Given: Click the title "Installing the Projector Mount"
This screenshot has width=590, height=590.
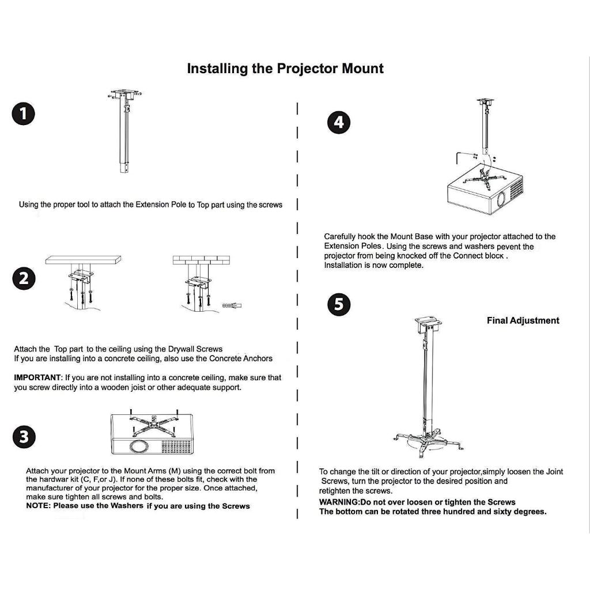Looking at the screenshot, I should click(x=285, y=69).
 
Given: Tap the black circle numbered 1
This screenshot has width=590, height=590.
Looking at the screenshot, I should click(x=23, y=114).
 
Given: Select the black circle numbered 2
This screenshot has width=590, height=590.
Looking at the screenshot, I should click(x=24, y=279).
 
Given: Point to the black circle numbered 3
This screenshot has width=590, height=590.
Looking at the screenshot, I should click(x=24, y=436).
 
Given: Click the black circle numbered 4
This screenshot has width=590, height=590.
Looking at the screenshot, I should click(x=339, y=122).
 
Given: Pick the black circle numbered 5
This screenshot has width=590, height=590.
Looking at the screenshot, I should click(x=339, y=305).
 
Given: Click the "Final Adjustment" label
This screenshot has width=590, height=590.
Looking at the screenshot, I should click(x=523, y=320).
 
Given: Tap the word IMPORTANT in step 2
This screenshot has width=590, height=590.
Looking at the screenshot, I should click(x=37, y=377).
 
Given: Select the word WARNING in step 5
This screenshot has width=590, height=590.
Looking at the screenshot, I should click(x=339, y=502).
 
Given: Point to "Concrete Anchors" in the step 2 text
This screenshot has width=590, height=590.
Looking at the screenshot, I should click(x=240, y=358).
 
